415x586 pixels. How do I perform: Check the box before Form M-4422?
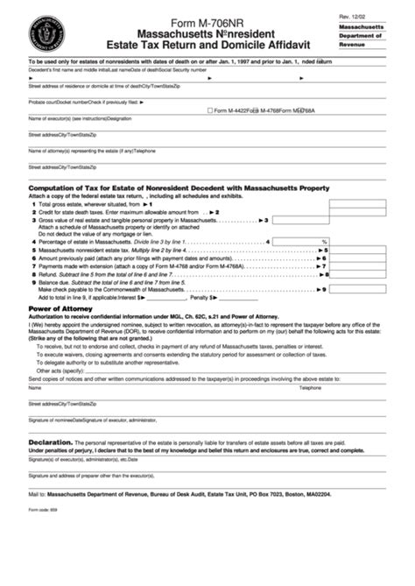tap(210, 109)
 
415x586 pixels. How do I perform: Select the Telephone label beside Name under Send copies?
tap(311, 386)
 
